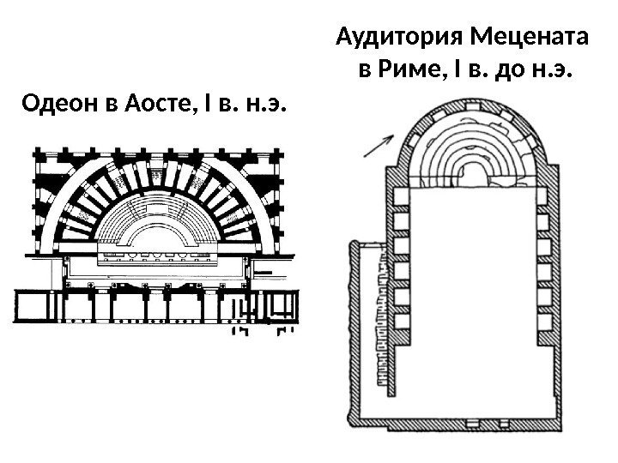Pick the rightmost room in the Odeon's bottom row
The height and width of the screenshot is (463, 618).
point(283,304)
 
